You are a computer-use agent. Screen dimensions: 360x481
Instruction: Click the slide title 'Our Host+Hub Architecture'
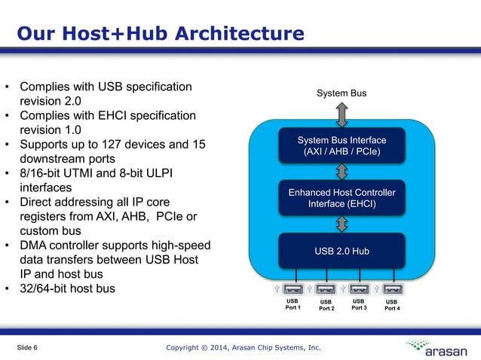coord(161,34)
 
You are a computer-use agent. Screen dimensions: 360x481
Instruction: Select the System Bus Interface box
coord(342,146)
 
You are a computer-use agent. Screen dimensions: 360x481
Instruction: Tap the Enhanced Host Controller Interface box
coord(342,198)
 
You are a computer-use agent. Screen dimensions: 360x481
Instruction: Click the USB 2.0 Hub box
coord(342,251)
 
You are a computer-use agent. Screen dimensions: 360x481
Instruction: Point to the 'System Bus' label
coord(342,93)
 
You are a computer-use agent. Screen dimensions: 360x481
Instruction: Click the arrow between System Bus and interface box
coord(342,114)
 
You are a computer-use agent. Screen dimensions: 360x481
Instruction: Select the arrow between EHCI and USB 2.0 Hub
coord(342,224)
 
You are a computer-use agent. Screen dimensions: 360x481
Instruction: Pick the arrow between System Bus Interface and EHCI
coord(342,172)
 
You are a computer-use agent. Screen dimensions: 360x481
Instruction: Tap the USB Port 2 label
coord(326,305)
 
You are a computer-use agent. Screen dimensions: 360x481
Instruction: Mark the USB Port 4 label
coord(392,305)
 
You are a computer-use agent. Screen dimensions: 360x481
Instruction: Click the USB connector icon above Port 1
coord(293,288)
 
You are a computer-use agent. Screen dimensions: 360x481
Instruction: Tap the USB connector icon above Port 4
coord(392,288)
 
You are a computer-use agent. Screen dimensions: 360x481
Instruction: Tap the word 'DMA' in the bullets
coord(34,246)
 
